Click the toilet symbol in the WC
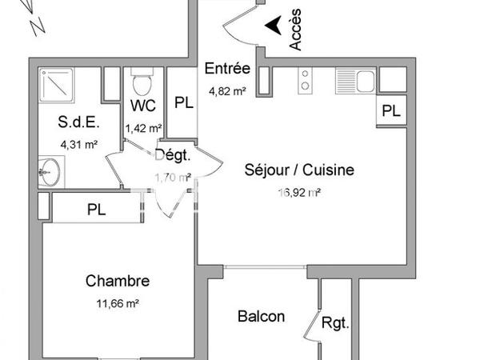coord(142,81)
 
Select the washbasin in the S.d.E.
coord(49,172)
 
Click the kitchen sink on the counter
coord(364,80)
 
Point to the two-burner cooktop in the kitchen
coord(305,80)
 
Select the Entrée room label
coord(228,68)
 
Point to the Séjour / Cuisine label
coord(298,170)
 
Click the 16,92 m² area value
coord(298,191)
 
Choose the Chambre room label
coord(117,281)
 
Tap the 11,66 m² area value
coord(118,303)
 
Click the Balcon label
coord(261,316)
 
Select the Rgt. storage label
coord(335,324)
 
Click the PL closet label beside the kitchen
coord(390,111)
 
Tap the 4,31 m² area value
coord(79,145)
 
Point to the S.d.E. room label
coord(78,123)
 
